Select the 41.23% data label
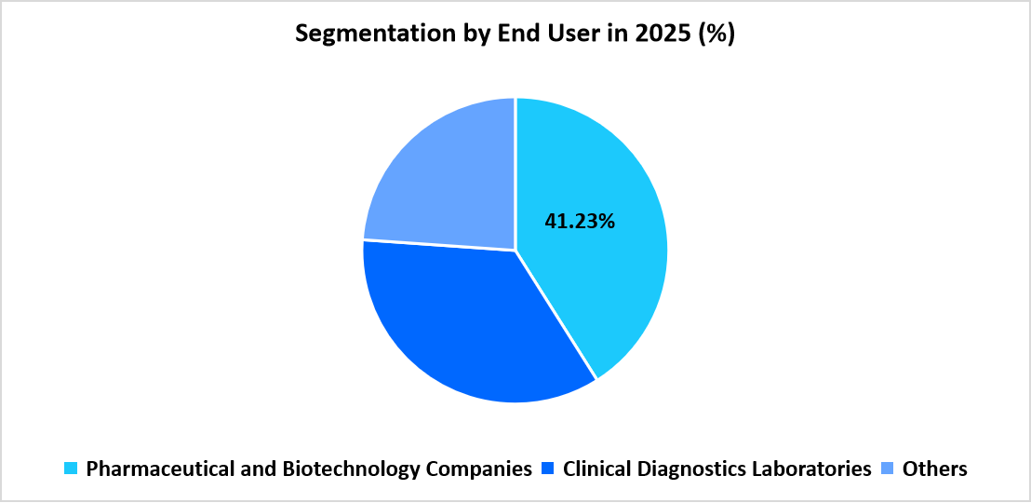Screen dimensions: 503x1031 coord(580,222)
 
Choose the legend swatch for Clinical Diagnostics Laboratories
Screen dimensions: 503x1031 coord(549,469)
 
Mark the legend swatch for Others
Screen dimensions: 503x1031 coord(889,469)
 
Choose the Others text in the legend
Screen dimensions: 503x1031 coord(934,469)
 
